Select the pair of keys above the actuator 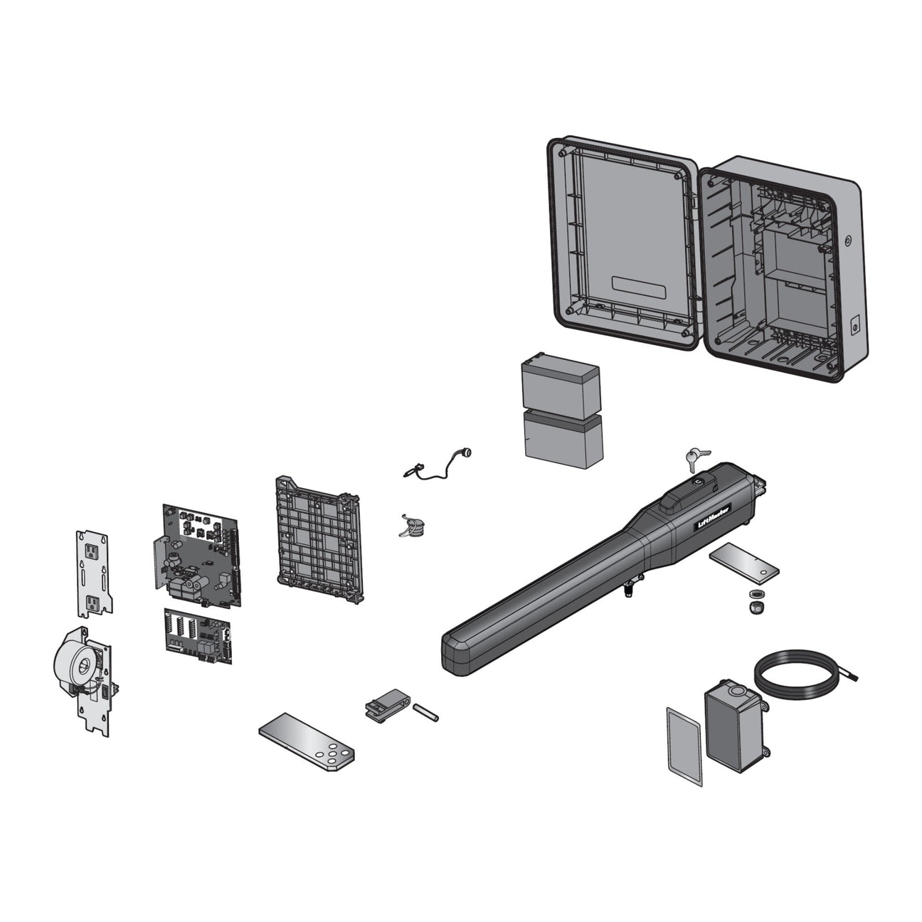695,458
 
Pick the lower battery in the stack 563,440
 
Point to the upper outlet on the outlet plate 92,552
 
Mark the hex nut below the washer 756,608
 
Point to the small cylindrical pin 425,712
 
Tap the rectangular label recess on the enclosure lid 638,287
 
